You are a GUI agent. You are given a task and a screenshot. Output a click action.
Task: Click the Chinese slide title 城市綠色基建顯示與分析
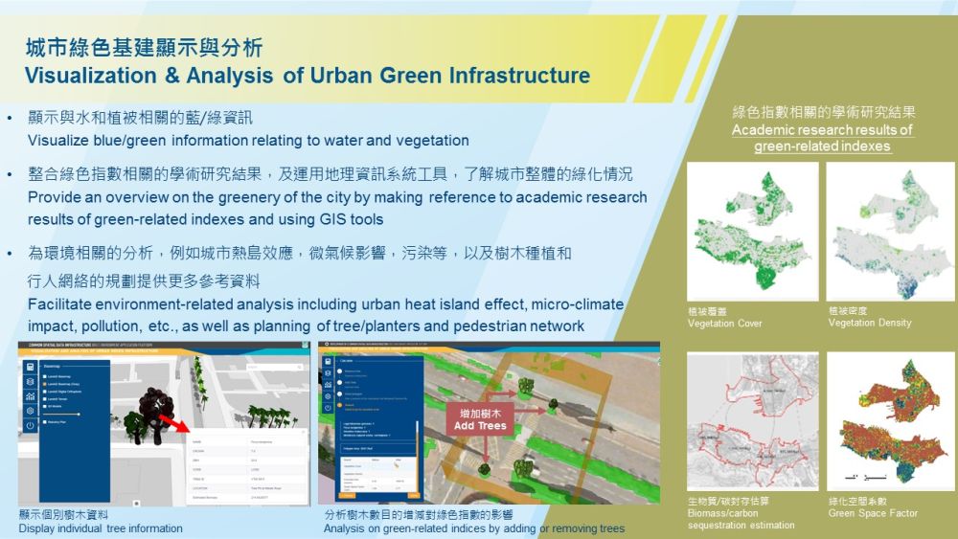pyautogui.click(x=144, y=47)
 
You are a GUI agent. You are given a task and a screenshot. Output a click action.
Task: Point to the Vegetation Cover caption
pyautogui.click(x=725, y=323)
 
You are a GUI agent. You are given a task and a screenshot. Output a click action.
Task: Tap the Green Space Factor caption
pyautogui.click(x=873, y=513)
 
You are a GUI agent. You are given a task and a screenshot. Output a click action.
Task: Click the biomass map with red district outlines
pyautogui.click(x=752, y=420)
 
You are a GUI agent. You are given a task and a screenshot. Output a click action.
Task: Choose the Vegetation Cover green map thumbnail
pyautogui.click(x=752, y=232)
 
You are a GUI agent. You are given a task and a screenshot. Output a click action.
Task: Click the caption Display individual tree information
pyautogui.click(x=101, y=528)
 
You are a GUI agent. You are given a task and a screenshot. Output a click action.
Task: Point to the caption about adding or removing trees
pyautogui.click(x=474, y=528)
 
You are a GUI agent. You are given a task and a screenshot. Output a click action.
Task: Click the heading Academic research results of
pyautogui.click(x=822, y=130)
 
